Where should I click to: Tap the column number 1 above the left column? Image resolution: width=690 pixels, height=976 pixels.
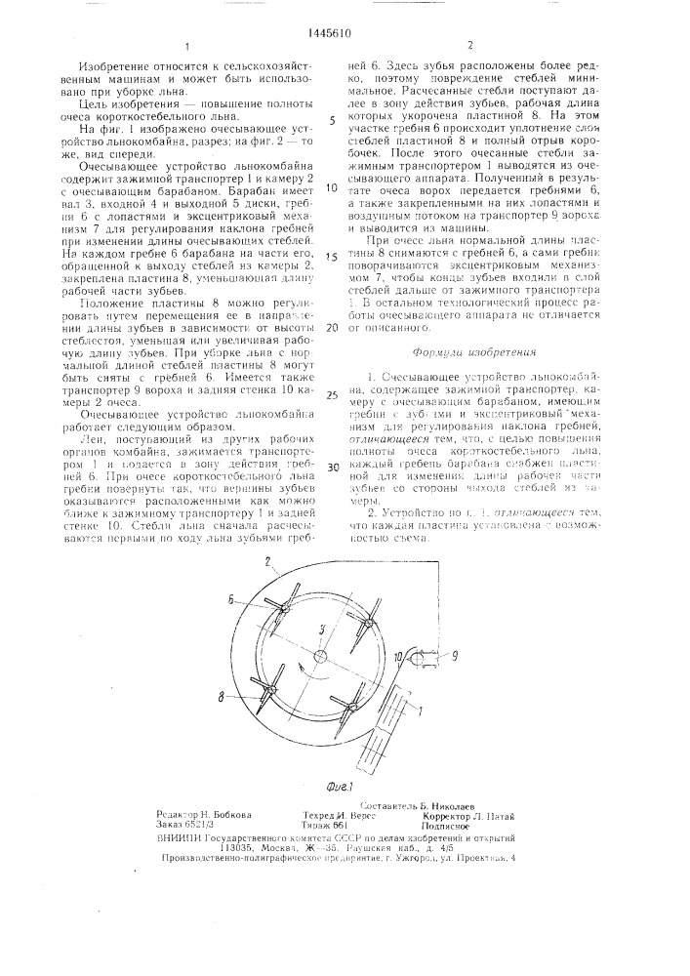tap(184, 47)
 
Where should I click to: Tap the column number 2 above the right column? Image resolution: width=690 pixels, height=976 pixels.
tap(469, 47)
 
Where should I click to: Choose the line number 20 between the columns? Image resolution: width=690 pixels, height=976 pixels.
tap(331, 328)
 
